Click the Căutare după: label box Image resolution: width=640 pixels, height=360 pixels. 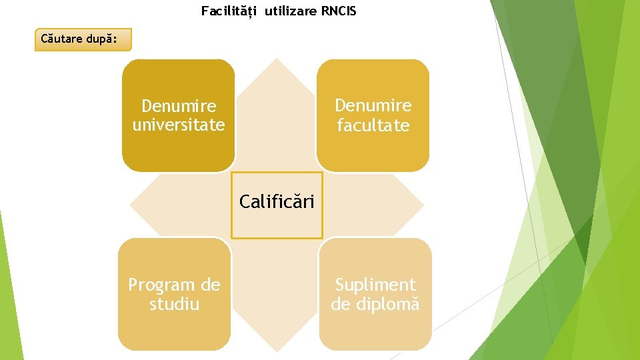[83, 39]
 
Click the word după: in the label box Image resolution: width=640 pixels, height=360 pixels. [103, 39]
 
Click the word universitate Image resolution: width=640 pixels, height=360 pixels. [179, 125]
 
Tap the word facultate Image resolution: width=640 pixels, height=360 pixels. [373, 125]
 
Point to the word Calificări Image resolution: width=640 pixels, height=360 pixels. [277, 201]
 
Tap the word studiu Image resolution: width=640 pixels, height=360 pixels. [175, 305]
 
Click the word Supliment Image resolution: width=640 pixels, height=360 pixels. [375, 285]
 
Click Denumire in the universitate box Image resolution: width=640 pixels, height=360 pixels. [179, 106]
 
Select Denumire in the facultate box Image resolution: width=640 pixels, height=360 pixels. [373, 105]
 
